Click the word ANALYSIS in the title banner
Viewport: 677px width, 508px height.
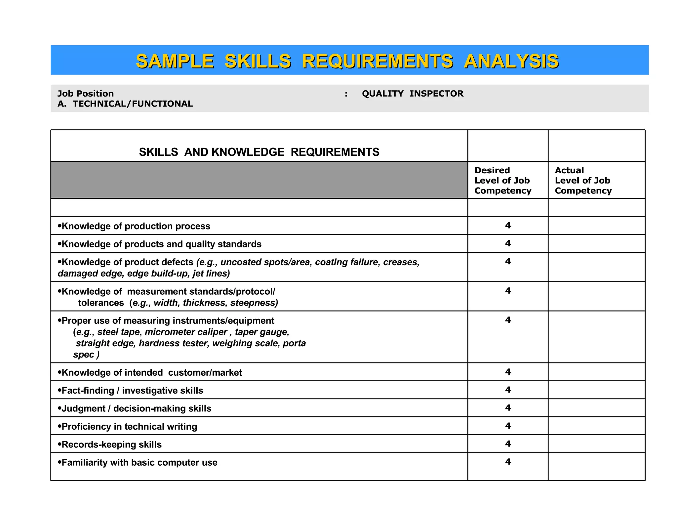pos(511,62)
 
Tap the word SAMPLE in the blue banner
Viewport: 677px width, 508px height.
pos(175,62)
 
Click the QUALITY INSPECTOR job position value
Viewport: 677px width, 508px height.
pos(412,94)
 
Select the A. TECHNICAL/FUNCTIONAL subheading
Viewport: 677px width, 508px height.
pos(125,104)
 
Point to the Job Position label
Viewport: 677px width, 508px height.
pos(86,94)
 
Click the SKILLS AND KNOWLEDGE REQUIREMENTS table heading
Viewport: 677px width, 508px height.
pos(259,152)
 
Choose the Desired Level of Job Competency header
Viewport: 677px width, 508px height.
pos(502,181)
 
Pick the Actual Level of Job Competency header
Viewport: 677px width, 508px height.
pos(583,181)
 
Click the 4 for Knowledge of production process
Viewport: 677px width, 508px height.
pos(508,226)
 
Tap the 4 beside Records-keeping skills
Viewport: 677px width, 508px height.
pos(508,444)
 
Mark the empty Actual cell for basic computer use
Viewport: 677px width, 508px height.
pos(596,466)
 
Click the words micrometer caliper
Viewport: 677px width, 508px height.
pos(186,332)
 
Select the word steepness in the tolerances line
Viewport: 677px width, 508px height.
pos(254,303)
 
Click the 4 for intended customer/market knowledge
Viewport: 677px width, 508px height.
pos(508,372)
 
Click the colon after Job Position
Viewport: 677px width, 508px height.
pos(346,94)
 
